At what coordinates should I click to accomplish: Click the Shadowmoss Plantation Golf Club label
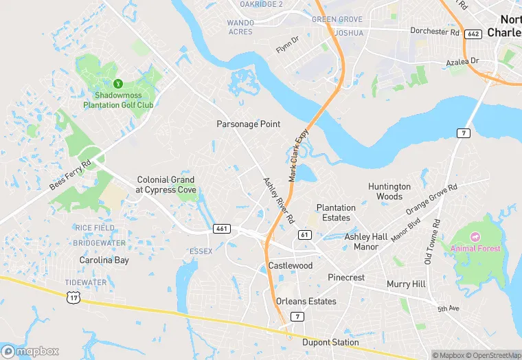click(x=118, y=100)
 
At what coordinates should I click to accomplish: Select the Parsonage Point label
click(x=249, y=124)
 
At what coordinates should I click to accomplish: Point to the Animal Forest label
click(x=475, y=248)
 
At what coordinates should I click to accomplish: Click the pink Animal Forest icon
click(x=475, y=236)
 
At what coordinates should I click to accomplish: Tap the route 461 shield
click(x=221, y=229)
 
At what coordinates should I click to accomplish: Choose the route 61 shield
click(x=304, y=235)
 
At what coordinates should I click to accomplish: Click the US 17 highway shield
click(x=73, y=297)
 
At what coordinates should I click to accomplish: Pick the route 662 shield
click(x=473, y=34)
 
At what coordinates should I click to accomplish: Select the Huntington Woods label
click(x=389, y=191)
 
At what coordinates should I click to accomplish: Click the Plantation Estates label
click(x=336, y=212)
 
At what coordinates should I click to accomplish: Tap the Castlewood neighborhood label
click(x=290, y=265)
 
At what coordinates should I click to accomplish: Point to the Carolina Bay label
click(x=104, y=260)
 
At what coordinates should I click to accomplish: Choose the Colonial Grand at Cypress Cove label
click(x=166, y=184)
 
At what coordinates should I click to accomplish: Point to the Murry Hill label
click(x=406, y=284)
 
